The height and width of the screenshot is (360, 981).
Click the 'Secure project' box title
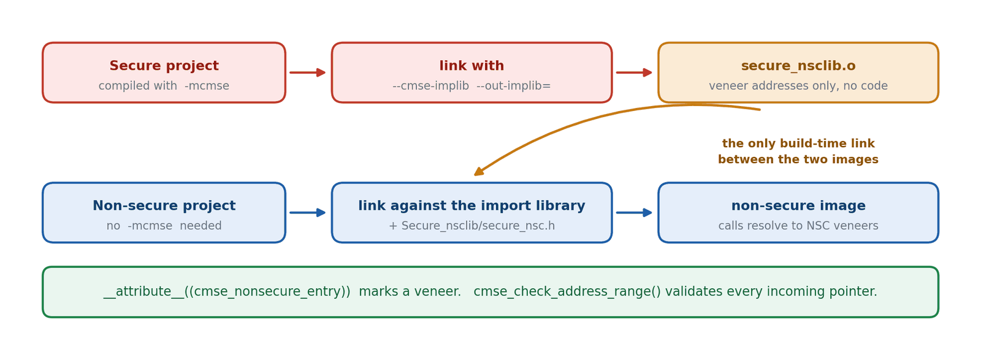pyautogui.click(x=164, y=66)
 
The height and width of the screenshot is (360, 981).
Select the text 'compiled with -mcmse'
pyautogui.click(x=164, y=86)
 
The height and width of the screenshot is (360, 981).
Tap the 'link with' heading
pyautogui.click(x=471, y=66)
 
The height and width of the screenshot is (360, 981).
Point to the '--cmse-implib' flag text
pyautogui.click(x=431, y=86)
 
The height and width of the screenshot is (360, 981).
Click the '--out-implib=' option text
pyautogui.click(x=513, y=86)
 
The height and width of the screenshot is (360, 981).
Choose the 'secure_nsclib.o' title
pyautogui.click(x=798, y=66)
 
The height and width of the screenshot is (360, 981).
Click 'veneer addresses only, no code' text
pyautogui.click(x=798, y=86)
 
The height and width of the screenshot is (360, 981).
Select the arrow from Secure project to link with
pyautogui.click(x=307, y=73)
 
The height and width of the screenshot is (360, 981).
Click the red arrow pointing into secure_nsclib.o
pyautogui.click(x=634, y=73)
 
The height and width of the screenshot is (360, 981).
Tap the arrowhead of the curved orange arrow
pyautogui.click(x=478, y=172)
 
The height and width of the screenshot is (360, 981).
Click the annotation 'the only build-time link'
pyautogui.click(x=798, y=144)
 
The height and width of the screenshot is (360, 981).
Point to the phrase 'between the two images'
pyautogui.click(x=798, y=159)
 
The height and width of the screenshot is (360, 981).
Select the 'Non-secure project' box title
pyautogui.click(x=164, y=206)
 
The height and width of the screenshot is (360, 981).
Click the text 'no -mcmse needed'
pyautogui.click(x=164, y=226)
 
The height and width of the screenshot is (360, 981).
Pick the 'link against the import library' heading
pyautogui.click(x=471, y=206)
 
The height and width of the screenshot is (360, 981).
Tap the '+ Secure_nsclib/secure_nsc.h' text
pyautogui.click(x=471, y=226)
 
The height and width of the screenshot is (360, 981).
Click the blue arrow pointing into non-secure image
pyautogui.click(x=634, y=213)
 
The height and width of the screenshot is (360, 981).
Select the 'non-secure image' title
pyautogui.click(x=798, y=206)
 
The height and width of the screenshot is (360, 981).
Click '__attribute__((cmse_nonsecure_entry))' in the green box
pyautogui.click(x=227, y=292)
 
